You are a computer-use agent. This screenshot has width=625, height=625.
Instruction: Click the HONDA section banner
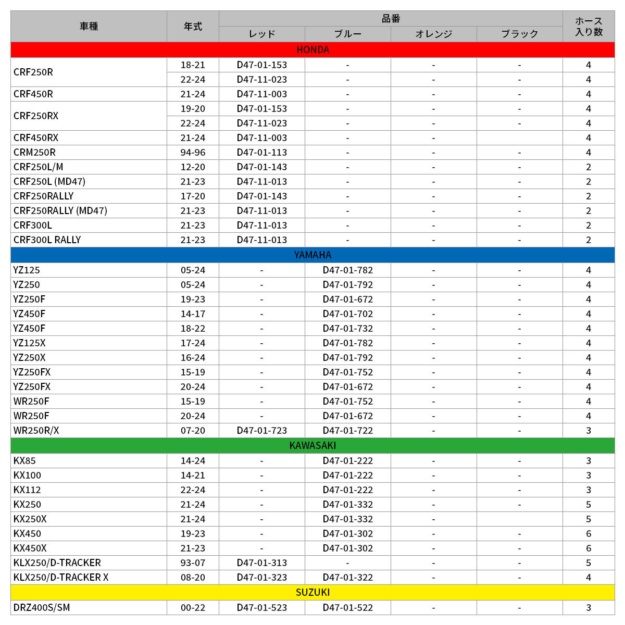(x=312, y=50)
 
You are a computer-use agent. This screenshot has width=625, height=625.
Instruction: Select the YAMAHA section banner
(x=312, y=255)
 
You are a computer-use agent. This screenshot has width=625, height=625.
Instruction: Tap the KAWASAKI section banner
(x=312, y=445)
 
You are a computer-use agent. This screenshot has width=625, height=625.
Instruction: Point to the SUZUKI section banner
(x=312, y=592)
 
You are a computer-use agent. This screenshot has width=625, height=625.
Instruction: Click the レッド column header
(x=261, y=34)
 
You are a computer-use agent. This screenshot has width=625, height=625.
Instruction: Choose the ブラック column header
(x=519, y=34)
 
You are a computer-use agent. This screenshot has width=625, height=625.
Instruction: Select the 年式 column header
(x=193, y=26)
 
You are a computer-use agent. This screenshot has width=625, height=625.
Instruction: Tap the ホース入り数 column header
(x=589, y=26)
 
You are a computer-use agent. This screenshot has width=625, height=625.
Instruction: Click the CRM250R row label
(x=34, y=153)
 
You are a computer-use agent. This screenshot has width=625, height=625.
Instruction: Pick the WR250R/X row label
(x=36, y=431)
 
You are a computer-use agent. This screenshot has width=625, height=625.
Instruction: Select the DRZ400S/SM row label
(x=42, y=608)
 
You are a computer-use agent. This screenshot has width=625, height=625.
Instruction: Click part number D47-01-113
(x=261, y=153)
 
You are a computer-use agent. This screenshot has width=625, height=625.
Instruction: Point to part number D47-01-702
(x=347, y=314)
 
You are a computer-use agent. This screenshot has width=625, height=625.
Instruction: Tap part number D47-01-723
(x=261, y=431)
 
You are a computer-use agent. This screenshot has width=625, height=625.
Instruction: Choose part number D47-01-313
(x=261, y=563)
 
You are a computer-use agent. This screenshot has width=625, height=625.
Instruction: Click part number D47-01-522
(x=347, y=608)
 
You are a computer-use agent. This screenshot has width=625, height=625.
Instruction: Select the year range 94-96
(x=193, y=153)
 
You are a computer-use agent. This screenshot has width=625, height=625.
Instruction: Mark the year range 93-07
(x=193, y=563)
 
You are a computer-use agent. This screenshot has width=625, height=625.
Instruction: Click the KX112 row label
(x=27, y=490)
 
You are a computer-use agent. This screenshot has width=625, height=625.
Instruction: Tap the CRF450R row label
(x=33, y=94)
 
